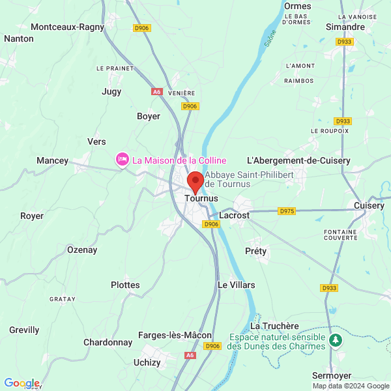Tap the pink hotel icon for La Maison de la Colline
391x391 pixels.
pos(122,160)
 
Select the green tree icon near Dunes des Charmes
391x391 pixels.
pos(336,340)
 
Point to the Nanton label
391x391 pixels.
pos(18,38)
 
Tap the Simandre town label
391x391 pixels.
pos(345,27)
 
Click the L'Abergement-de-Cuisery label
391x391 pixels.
pos(298,160)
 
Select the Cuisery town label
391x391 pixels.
pos(369,205)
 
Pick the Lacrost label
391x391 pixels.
pos(234,214)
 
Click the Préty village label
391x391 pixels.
pos(256,251)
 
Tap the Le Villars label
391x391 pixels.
pos(236,285)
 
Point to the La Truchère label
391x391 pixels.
pos(274,326)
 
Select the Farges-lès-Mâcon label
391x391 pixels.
pos(175,335)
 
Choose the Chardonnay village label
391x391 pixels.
pos(108,342)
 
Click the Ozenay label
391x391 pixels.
pos(82,250)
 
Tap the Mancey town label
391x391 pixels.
pos(52,160)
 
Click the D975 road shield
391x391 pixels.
pos(287,210)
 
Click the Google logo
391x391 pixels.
pos(22,383)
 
